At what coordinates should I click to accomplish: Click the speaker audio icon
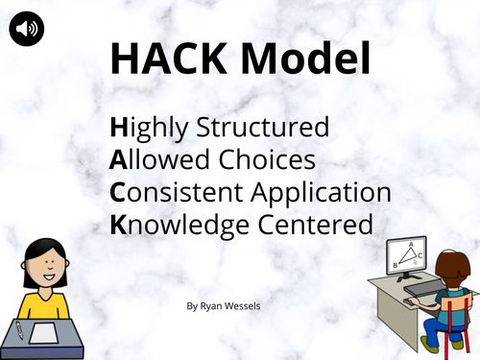click(x=27, y=30)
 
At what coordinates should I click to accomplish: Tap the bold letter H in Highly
click(x=119, y=128)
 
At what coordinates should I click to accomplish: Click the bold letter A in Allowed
click(x=118, y=160)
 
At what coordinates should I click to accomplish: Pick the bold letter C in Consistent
click(x=118, y=192)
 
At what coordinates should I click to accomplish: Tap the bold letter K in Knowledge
click(x=118, y=225)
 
